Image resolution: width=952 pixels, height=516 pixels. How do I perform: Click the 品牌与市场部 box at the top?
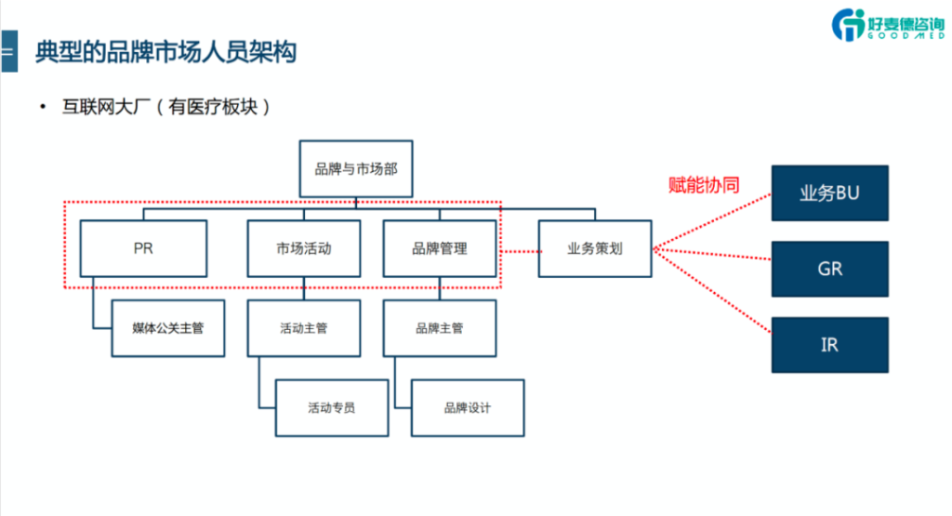tap(356, 168)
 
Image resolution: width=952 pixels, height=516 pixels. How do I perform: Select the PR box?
tap(143, 248)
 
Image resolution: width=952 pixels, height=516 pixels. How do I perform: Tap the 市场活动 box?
tap(304, 248)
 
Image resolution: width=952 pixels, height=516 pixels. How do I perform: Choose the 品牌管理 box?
tap(440, 248)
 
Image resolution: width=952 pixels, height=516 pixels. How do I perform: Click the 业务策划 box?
tap(595, 248)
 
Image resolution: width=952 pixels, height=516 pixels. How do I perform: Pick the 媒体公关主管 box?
tap(168, 328)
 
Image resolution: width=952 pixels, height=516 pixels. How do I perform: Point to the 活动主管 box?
tap(304, 328)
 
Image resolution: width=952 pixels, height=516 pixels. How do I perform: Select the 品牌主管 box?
tap(440, 328)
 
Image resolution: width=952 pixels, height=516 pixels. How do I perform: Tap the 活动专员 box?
tap(332, 407)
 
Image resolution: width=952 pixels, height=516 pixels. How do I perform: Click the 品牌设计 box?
tap(468, 407)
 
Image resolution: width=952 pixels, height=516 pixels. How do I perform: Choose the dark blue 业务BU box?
tap(829, 193)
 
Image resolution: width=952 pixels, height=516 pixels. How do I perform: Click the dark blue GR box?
tap(829, 269)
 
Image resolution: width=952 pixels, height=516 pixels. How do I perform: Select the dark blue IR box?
tap(829, 345)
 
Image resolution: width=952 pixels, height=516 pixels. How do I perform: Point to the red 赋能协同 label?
tap(704, 185)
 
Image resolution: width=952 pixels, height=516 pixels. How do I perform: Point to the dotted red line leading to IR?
tap(711, 291)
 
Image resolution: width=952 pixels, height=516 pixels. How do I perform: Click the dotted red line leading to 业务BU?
tap(711, 221)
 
